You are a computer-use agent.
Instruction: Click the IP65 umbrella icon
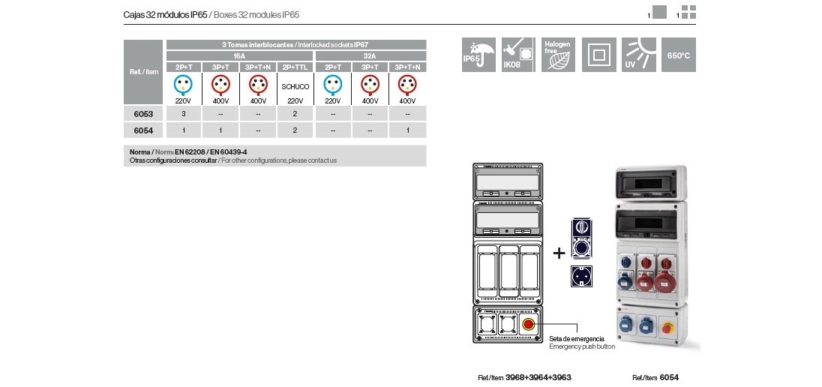pyautogui.click(x=478, y=55)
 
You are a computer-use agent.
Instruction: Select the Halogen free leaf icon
pyautogui.click(x=559, y=55)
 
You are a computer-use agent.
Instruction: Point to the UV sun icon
pyautogui.click(x=639, y=55)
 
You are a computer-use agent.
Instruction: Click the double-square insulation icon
pyautogui.click(x=599, y=55)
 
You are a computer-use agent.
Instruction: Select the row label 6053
pyautogui.click(x=143, y=114)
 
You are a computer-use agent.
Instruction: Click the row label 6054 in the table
pyautogui.click(x=143, y=130)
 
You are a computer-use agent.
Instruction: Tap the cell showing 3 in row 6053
pyautogui.click(x=184, y=114)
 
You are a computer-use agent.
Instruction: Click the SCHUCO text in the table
pyautogui.click(x=295, y=87)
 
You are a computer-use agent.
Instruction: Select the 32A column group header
pyautogui.click(x=370, y=56)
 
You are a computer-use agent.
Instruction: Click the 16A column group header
pyautogui.click(x=239, y=56)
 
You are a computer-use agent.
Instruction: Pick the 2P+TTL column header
pyautogui.click(x=295, y=67)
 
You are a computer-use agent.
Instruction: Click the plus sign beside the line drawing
pyautogui.click(x=559, y=253)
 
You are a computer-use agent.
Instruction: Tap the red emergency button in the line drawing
pyautogui.click(x=528, y=325)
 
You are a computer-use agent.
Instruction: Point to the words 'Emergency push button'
pyautogui.click(x=582, y=346)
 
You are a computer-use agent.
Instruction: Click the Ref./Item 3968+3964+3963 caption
pyautogui.click(x=524, y=377)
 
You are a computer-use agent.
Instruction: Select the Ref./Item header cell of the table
pyautogui.click(x=143, y=72)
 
